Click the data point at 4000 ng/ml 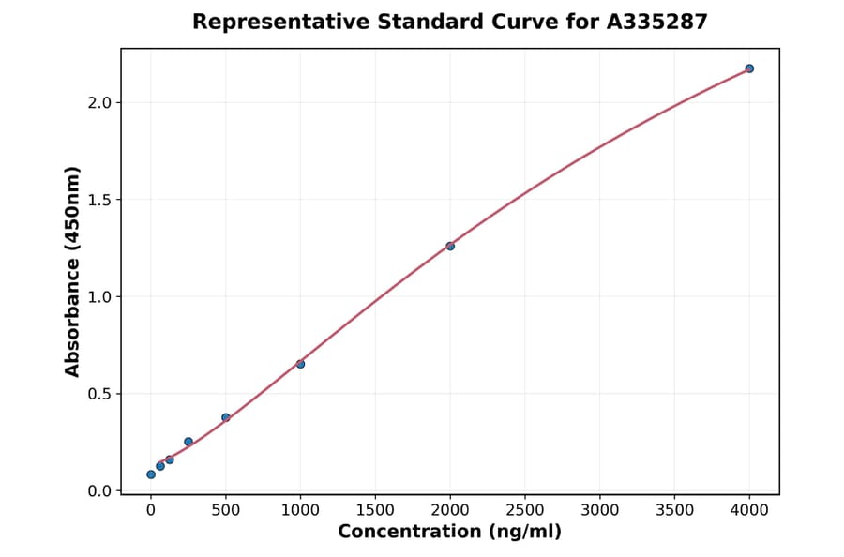[749, 68]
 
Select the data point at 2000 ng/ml [450, 246]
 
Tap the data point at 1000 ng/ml [300, 364]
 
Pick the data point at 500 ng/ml [226, 417]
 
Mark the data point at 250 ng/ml [188, 442]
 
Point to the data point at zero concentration [151, 474]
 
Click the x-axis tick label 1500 [375, 510]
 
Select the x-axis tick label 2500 [525, 510]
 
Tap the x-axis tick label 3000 [600, 510]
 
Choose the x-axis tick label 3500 [675, 510]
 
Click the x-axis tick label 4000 [749, 510]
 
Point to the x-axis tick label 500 [226, 510]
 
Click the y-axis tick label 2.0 [99, 102]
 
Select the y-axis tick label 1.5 [99, 200]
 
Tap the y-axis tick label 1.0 [99, 297]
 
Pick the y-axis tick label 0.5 [99, 394]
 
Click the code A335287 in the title [657, 22]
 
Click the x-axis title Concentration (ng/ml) [450, 533]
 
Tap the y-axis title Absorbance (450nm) [73, 271]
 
